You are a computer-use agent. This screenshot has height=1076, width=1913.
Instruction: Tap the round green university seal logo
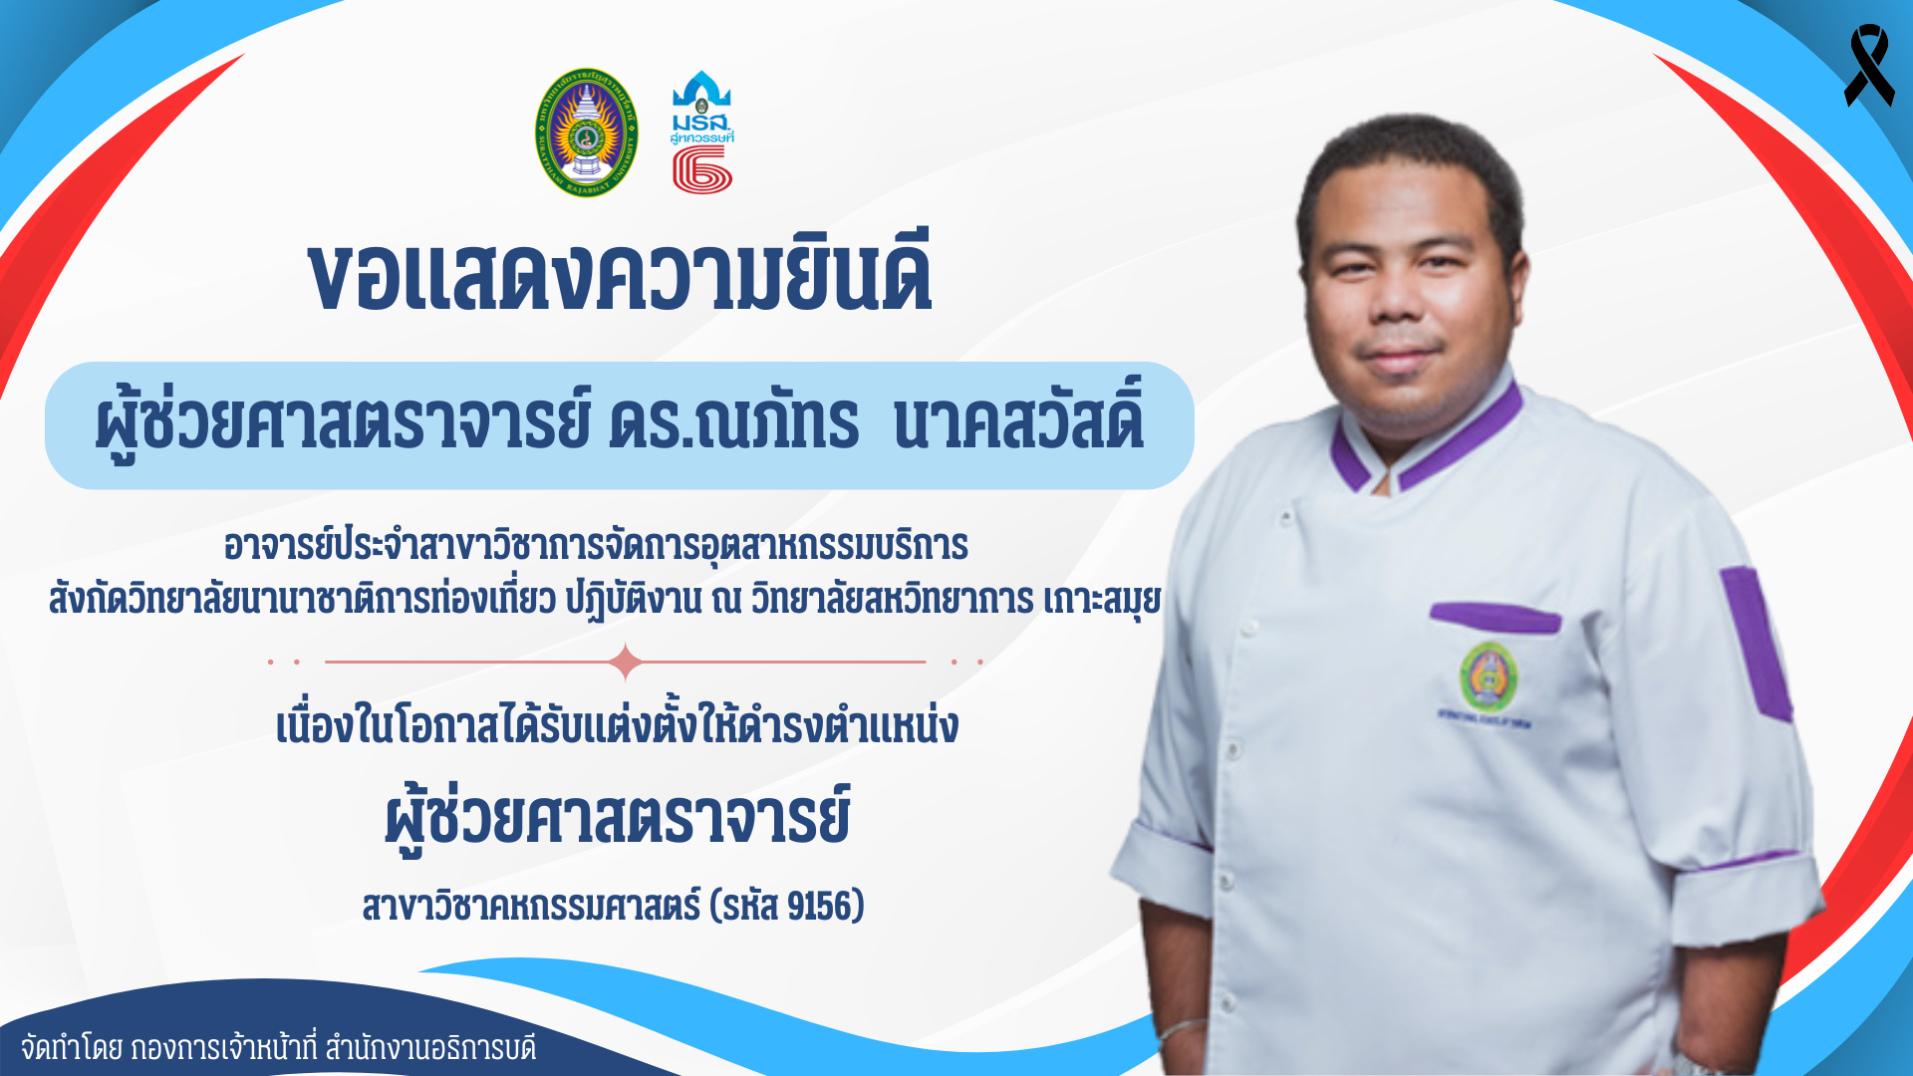tap(587, 133)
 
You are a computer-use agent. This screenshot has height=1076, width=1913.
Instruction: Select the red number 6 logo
tap(702, 170)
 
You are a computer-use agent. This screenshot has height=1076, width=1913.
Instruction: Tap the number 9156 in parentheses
tap(820, 906)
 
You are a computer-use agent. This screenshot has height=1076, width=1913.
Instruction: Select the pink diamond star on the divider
tap(626, 662)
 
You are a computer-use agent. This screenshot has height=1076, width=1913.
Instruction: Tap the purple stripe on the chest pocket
tap(1495, 617)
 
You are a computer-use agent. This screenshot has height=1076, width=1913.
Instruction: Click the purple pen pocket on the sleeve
tap(1757, 643)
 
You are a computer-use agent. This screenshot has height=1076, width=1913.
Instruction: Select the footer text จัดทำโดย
tap(72, 1048)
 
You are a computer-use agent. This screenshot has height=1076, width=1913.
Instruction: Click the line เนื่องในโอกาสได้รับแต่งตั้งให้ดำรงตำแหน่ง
tap(617, 725)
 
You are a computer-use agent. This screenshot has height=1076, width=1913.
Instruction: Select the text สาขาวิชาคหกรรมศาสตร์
tap(531, 906)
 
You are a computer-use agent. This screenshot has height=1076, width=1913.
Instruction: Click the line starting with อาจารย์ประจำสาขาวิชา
tap(596, 546)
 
